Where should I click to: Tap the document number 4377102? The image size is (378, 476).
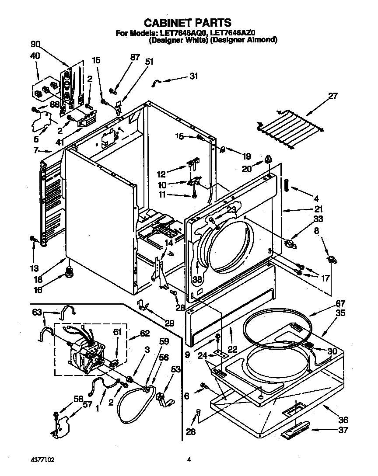pyautogui.click(x=43, y=459)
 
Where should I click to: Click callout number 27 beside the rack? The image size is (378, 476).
pyautogui.click(x=333, y=97)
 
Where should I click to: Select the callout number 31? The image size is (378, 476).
pyautogui.click(x=193, y=76)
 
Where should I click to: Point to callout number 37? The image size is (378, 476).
pyautogui.click(x=343, y=430)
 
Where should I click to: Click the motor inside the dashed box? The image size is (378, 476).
pyautogui.click(x=87, y=350)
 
